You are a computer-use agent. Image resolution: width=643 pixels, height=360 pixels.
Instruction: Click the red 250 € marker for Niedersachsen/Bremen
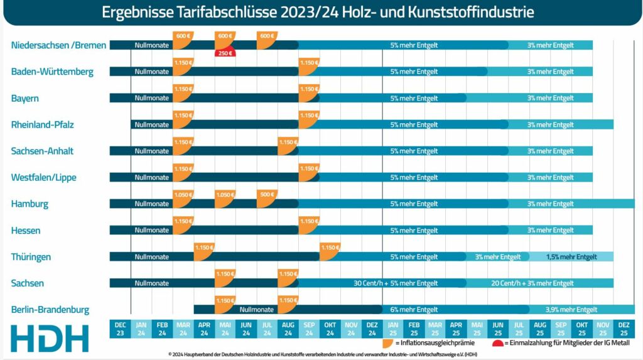coord(225,53)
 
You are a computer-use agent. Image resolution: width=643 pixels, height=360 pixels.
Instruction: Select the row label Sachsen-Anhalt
coord(42,151)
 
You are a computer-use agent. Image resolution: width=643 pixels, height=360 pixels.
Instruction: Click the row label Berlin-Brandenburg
coord(50,310)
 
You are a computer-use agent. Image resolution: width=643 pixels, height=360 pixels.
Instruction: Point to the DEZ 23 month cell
coord(120,328)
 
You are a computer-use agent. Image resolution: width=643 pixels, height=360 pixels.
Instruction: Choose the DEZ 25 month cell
coord(624,328)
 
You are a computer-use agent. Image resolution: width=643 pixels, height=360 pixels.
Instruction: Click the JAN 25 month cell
coord(393,328)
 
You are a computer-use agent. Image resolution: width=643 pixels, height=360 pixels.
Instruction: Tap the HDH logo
coord(50,338)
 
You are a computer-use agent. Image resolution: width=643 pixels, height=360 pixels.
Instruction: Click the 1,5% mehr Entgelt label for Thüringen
coord(571,257)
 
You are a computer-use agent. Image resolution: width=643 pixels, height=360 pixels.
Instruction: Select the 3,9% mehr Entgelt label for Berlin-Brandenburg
coord(571,310)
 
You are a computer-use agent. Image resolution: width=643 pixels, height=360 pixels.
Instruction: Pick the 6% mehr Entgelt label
coord(414,310)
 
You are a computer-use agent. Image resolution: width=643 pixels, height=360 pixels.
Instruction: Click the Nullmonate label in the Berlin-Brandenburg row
coord(257,310)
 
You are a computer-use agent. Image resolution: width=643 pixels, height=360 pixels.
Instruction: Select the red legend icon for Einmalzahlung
coord(497,344)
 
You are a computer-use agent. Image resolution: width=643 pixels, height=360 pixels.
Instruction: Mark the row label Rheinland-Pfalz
coord(42,124)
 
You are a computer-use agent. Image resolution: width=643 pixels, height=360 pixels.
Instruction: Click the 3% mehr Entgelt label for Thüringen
coord(498,257)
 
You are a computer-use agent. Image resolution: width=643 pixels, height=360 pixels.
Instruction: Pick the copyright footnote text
coord(321,355)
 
